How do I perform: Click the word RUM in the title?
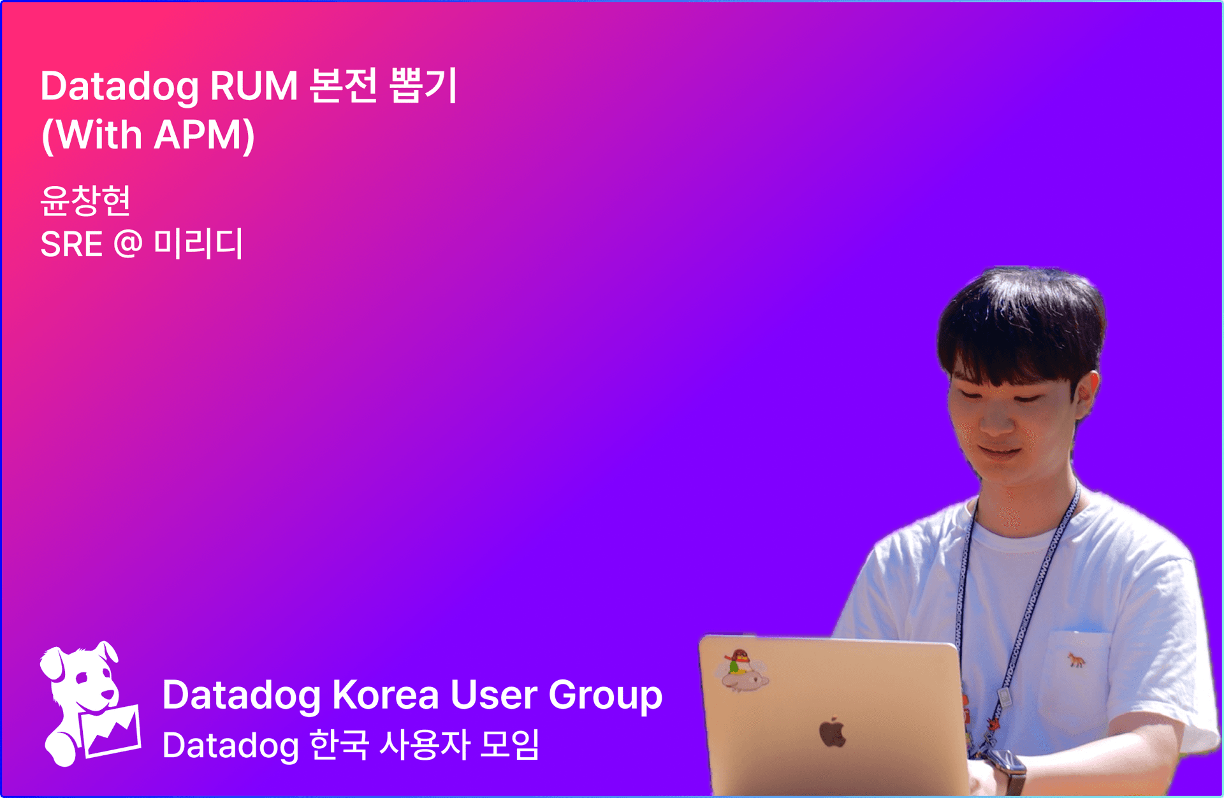[254, 85]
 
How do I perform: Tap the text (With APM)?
[148, 135]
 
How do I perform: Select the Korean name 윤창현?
[85, 200]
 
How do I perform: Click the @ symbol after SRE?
[128, 244]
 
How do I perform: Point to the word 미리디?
[198, 243]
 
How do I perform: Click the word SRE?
[71, 244]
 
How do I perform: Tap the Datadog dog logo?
[90, 704]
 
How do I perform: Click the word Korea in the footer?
[385, 695]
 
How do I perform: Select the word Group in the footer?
[605, 696]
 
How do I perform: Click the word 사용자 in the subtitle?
[425, 744]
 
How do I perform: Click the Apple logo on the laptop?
[832, 732]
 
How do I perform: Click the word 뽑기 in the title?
[423, 85]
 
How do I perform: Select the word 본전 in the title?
[344, 85]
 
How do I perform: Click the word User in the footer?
[493, 695]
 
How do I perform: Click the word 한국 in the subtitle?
[339, 744]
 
